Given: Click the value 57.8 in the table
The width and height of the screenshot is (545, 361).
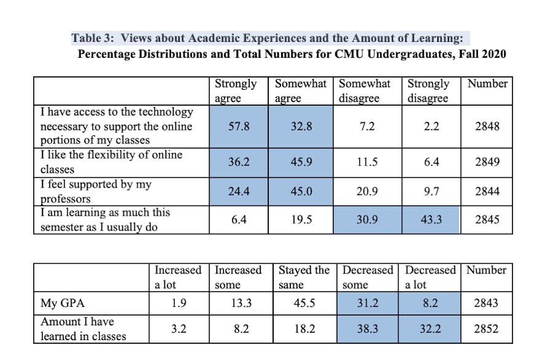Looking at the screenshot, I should point(238,127).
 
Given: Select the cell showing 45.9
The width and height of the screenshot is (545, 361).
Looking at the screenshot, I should point(301,162).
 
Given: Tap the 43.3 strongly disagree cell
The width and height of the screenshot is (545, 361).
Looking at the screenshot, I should point(431,220).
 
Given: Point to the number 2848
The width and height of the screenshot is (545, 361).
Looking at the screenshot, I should point(487,127).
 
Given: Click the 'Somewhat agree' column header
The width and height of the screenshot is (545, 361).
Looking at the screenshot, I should point(301,91).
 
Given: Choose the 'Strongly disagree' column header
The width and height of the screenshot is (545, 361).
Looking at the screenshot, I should point(429,91).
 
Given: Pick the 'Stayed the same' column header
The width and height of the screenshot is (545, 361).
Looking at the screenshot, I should point(304,277).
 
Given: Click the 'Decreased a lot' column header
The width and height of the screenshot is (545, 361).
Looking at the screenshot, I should point(431,277).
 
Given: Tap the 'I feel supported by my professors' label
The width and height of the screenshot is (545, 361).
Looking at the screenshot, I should point(96,191).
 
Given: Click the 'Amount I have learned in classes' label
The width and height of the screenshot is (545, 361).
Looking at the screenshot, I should point(83,329).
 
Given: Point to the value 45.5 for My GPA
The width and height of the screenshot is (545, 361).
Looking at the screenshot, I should point(304,303).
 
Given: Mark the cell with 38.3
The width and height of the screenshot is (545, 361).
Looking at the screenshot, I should point(367,329).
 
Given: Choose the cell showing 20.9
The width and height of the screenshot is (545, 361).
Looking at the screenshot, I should point(367,191).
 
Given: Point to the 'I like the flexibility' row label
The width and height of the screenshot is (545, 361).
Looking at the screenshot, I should point(111,162).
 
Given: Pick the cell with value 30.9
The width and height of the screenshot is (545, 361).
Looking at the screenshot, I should point(367,220).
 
